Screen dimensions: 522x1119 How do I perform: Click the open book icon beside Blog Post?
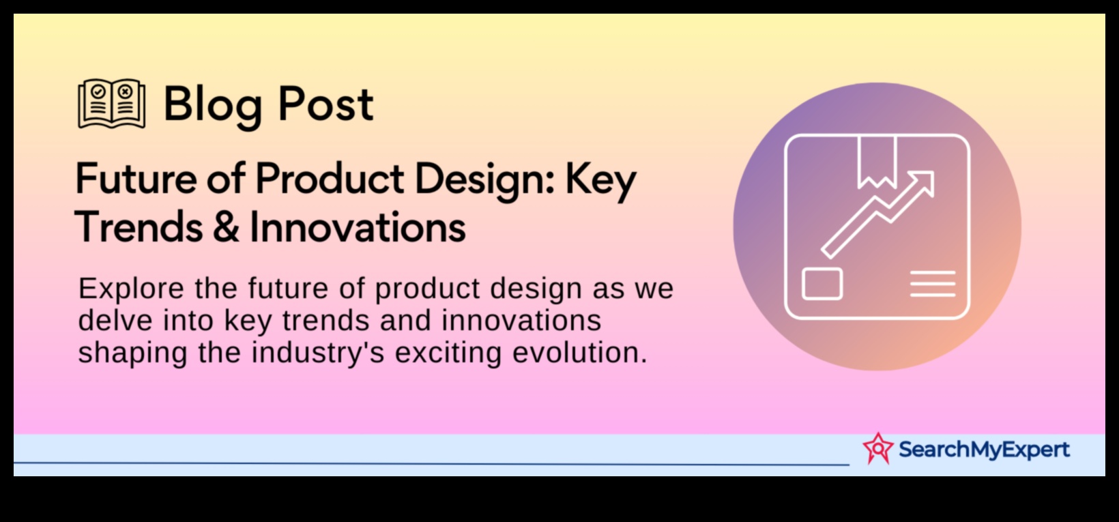[x=111, y=104]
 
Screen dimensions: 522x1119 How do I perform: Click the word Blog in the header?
[x=212, y=106]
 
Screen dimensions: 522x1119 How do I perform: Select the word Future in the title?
[x=136, y=179]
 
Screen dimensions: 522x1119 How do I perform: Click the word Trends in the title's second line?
[x=139, y=227]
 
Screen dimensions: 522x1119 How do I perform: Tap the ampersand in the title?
[x=226, y=227]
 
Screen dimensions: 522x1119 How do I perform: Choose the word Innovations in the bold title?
[x=357, y=227]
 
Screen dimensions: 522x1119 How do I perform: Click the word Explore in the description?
[x=131, y=289]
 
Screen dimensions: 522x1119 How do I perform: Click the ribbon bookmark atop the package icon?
[x=877, y=160]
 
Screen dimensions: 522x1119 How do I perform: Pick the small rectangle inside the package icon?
[x=822, y=284]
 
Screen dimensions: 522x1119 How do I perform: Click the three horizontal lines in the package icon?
[x=932, y=284]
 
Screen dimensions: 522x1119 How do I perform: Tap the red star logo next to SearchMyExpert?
[x=877, y=448]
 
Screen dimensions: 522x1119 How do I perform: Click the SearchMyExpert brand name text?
[x=983, y=450]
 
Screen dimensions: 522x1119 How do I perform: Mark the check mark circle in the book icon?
[x=98, y=91]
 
